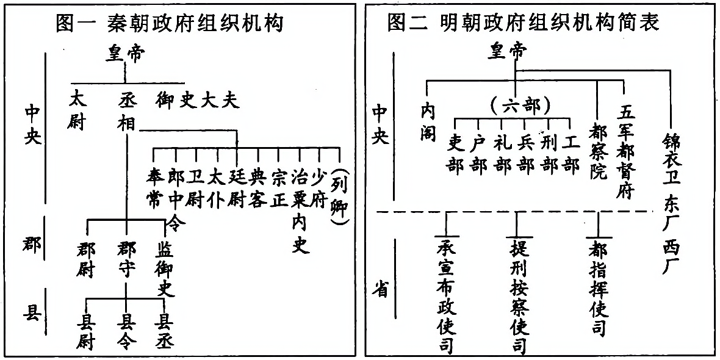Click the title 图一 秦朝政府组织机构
(x=170, y=23)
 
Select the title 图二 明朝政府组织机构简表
(x=522, y=23)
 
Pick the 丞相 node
(x=126, y=110)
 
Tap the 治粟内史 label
(x=299, y=211)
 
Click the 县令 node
(x=126, y=331)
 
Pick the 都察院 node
(x=597, y=149)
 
